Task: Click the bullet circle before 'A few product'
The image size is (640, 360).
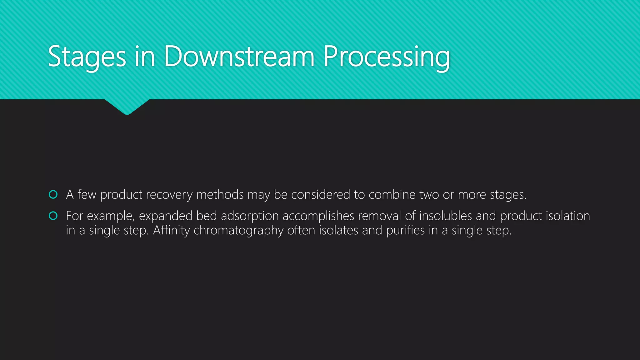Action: coord(53,195)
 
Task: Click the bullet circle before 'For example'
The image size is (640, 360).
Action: coord(53,216)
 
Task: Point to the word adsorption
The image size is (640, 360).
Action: coord(250,216)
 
